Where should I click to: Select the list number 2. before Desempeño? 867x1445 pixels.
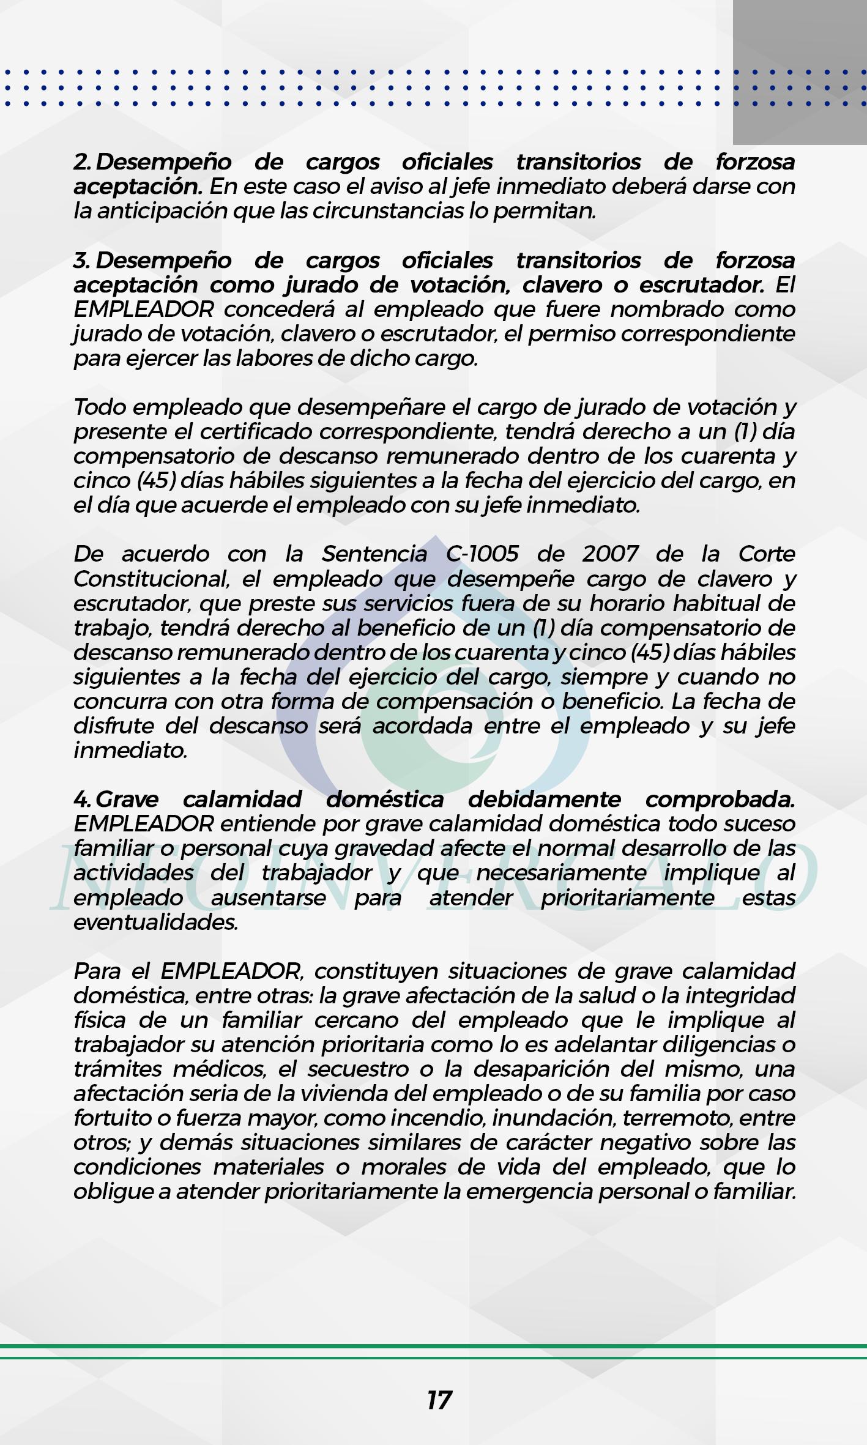tap(83, 162)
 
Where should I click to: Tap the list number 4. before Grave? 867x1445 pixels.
tap(83, 799)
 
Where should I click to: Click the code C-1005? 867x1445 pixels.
tap(482, 554)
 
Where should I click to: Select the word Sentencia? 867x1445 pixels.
tap(374, 554)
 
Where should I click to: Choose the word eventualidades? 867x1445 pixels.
tap(155, 922)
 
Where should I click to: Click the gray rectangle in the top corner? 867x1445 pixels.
tap(800, 72)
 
